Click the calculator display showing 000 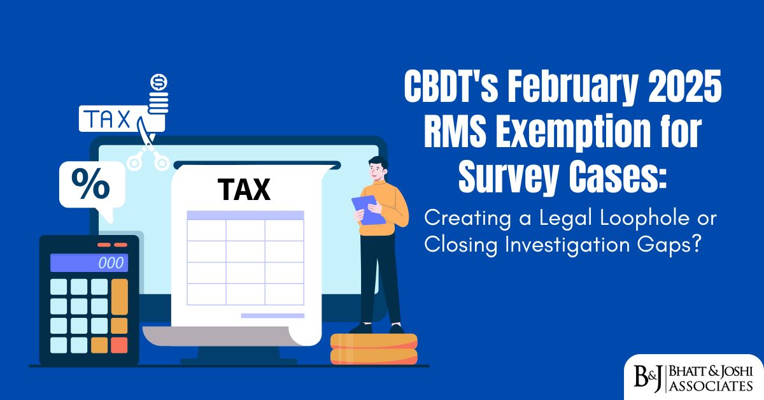click(88, 263)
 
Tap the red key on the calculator click(119, 345)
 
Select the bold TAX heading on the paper click(244, 189)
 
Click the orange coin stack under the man click(374, 348)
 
